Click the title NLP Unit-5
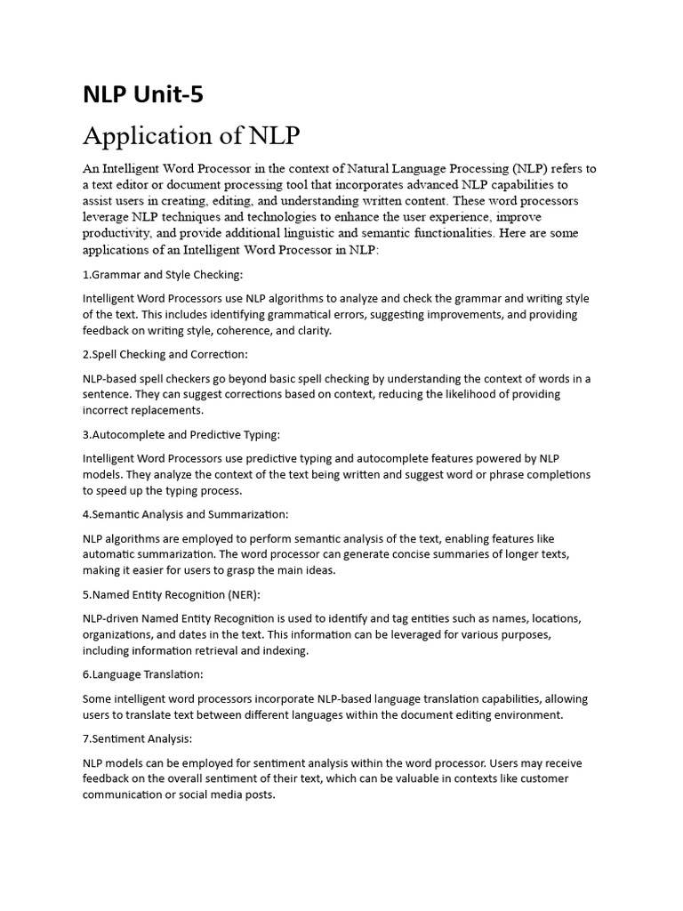coord(142,94)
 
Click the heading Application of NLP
coord(191,136)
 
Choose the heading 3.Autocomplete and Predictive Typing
coord(181,434)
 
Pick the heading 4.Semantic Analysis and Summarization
coord(185,514)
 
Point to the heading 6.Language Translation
coord(142,674)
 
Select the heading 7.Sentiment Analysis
coord(137,738)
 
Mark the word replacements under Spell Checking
coord(166,410)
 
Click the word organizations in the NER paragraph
coord(121,634)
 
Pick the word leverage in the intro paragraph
coord(110,217)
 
